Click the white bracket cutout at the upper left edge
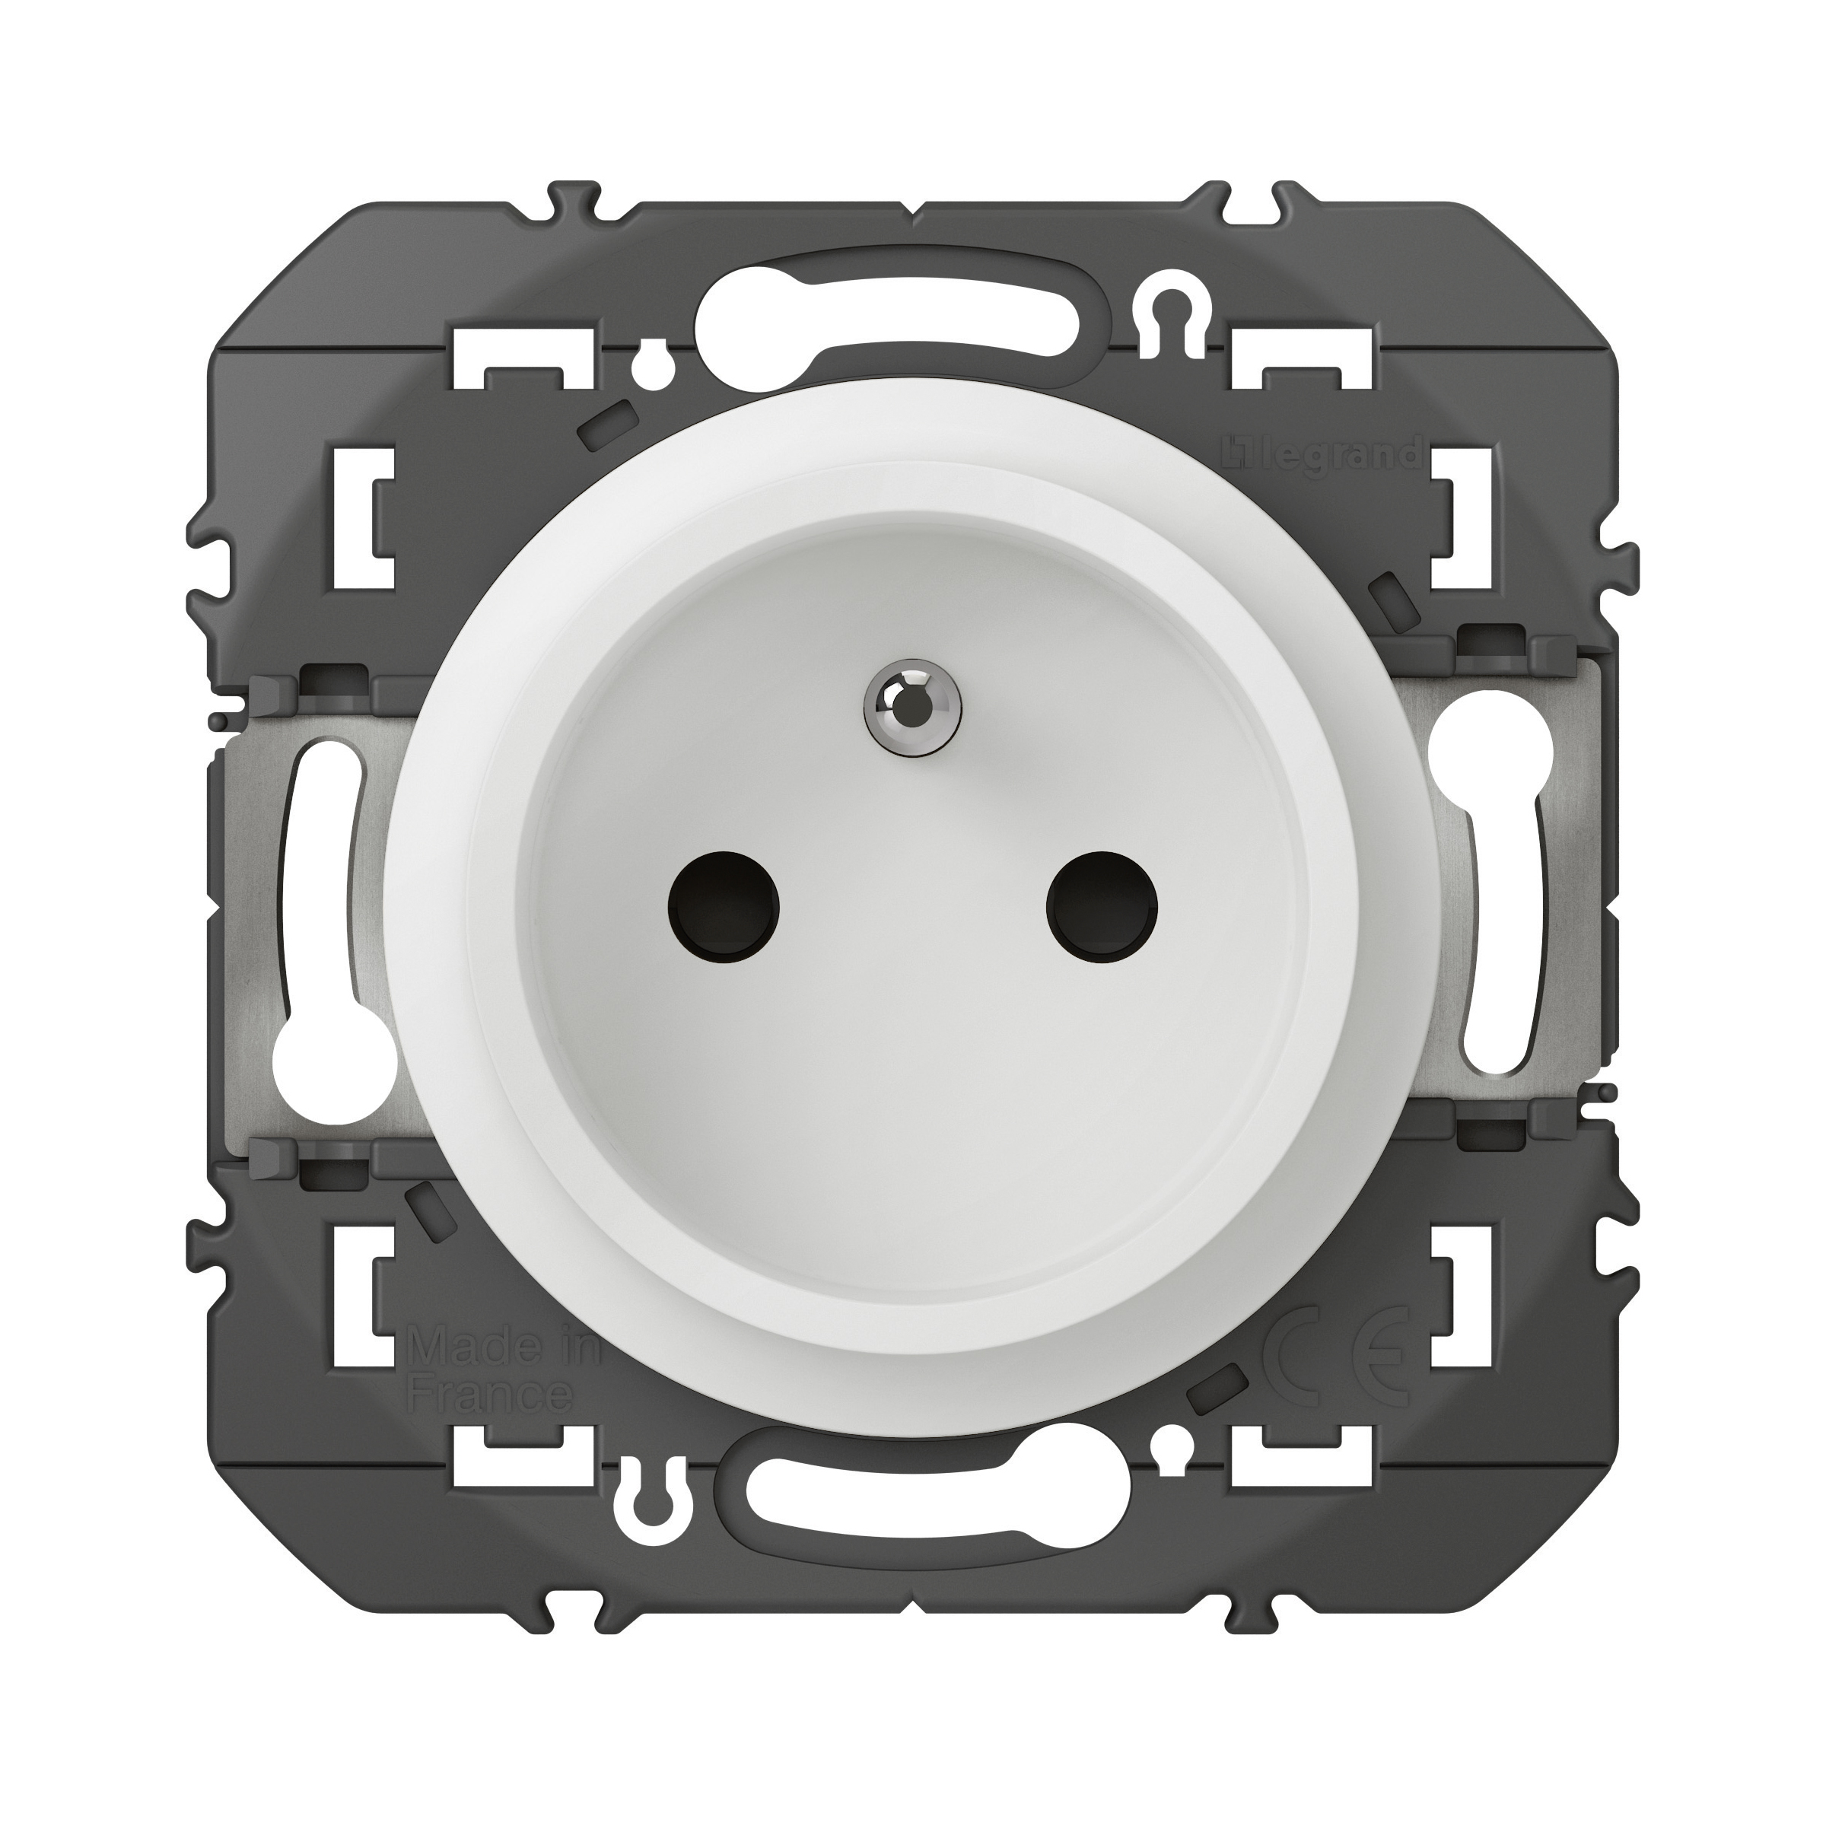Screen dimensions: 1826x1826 (380, 517)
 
